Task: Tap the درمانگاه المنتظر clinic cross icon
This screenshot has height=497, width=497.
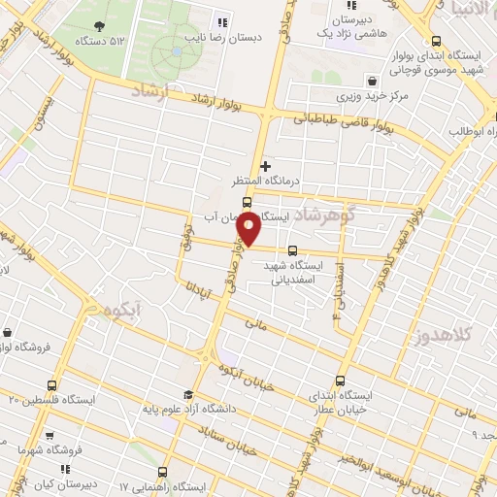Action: coord(266,166)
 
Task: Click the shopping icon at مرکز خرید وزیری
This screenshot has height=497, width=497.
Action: coord(372,81)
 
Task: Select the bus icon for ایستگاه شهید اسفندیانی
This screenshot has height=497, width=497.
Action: coord(293,249)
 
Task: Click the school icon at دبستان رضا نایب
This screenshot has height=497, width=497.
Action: coord(222,22)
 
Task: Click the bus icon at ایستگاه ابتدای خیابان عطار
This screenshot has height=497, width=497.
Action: coord(339,381)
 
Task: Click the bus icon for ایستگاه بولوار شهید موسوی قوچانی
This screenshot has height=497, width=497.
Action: coord(436,42)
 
